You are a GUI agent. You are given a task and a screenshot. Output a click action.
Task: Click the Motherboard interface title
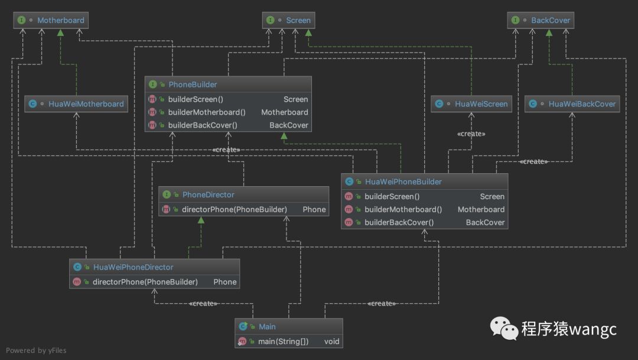pyautogui.click(x=61, y=20)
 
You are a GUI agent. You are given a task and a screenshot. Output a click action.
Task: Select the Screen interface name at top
pyautogui.click(x=298, y=20)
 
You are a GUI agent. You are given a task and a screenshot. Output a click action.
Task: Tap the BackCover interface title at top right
pyautogui.click(x=551, y=20)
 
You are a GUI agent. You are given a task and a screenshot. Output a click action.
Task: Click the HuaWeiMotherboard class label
pyautogui.click(x=86, y=104)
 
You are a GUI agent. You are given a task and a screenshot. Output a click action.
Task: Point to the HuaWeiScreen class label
pyautogui.click(x=481, y=104)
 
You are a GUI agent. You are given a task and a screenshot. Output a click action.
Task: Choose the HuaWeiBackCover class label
pyautogui.click(x=582, y=104)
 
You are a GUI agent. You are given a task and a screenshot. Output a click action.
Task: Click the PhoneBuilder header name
pyautogui.click(x=193, y=85)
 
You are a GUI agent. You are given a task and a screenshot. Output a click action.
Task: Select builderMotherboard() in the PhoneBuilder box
pyautogui.click(x=207, y=112)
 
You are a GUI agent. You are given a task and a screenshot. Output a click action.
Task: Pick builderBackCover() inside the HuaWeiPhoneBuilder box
pyautogui.click(x=399, y=222)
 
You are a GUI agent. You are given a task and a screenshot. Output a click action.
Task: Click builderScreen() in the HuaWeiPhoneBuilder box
pyautogui.click(x=392, y=196)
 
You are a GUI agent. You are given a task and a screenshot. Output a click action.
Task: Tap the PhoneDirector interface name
pyautogui.click(x=209, y=194)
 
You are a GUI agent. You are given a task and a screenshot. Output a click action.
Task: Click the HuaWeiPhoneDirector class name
pyautogui.click(x=133, y=267)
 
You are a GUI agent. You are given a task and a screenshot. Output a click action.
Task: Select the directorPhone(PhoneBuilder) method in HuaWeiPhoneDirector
pyautogui.click(x=145, y=282)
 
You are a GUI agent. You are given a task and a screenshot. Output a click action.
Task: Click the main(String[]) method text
pyautogui.click(x=283, y=341)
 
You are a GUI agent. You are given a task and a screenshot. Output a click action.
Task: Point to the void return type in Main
pyautogui.click(x=331, y=341)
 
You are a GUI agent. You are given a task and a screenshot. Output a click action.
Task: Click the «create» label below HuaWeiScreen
pyautogui.click(x=471, y=134)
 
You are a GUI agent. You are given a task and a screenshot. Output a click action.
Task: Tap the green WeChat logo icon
pyautogui.click(x=504, y=328)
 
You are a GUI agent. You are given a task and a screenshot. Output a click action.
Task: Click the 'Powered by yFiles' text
pyautogui.click(x=36, y=350)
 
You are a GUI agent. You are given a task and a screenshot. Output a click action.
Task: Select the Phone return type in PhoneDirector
pyautogui.click(x=314, y=209)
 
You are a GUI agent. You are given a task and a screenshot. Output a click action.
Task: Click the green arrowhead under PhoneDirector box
pyautogui.click(x=201, y=220)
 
